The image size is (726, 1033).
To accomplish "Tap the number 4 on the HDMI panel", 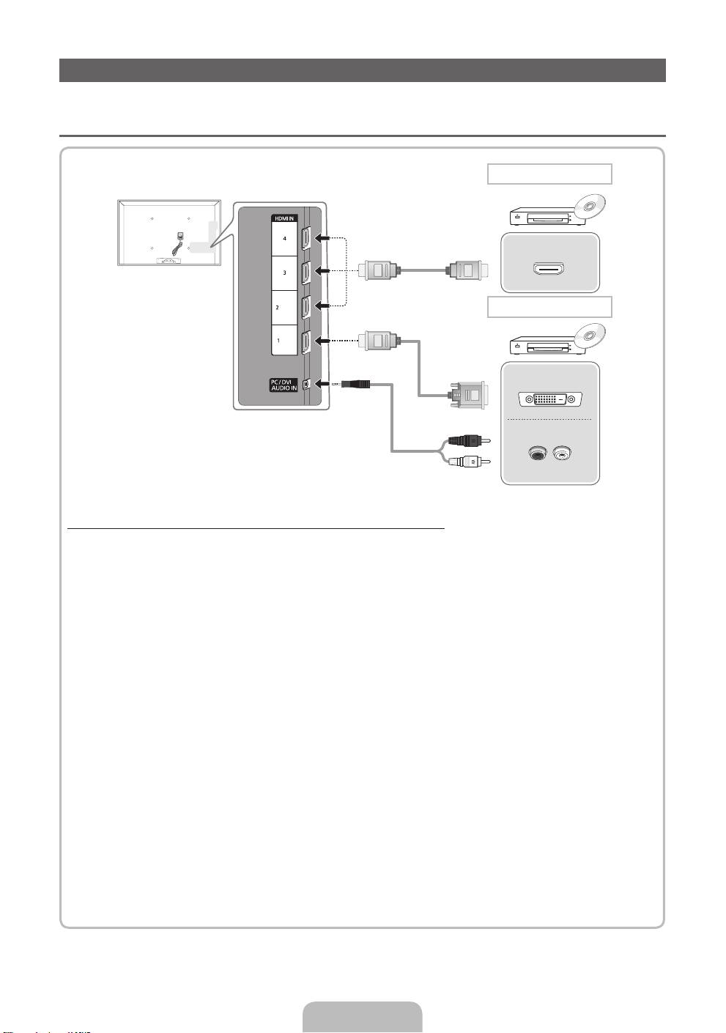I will pyautogui.click(x=284, y=239).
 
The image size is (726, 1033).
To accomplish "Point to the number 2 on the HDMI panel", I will pyautogui.click(x=277, y=308).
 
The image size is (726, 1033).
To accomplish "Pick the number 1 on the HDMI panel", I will pyautogui.click(x=278, y=341).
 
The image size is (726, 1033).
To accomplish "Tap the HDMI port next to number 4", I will pyautogui.click(x=305, y=239).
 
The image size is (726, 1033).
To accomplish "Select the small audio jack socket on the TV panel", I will pyautogui.click(x=306, y=383).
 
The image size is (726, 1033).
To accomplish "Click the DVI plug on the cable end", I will pyautogui.click(x=465, y=396).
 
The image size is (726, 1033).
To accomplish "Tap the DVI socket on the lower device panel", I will pyautogui.click(x=549, y=399).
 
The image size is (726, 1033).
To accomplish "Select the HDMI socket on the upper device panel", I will pyautogui.click(x=549, y=269).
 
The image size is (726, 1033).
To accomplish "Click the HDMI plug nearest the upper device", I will pyautogui.click(x=464, y=270).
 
